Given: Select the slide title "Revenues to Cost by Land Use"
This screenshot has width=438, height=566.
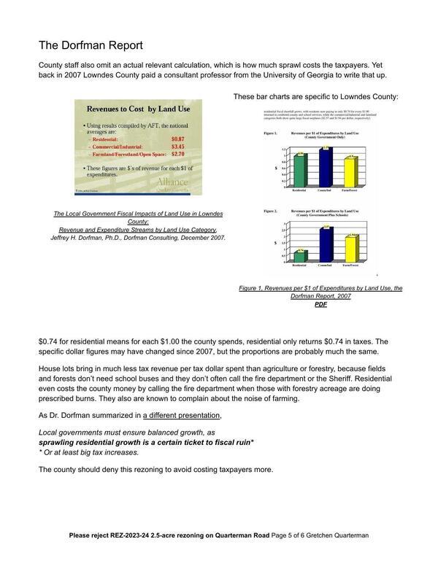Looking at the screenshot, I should (139, 109).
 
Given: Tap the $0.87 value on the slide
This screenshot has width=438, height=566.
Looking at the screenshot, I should (177, 138).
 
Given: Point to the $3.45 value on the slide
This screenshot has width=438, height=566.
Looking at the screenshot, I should (177, 147).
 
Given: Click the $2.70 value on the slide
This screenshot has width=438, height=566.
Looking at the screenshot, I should (177, 155).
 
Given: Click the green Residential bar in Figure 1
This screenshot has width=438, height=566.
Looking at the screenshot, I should (299, 169).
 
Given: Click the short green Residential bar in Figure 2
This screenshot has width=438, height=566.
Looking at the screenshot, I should (300, 256).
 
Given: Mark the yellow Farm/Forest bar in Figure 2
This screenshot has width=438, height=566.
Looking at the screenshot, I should (352, 249).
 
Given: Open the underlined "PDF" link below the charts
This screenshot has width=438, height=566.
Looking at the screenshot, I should (320, 305).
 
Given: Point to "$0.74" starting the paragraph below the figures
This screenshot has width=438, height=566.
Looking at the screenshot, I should (47, 341).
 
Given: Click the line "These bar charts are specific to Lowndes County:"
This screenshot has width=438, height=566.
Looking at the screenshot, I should (315, 96).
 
